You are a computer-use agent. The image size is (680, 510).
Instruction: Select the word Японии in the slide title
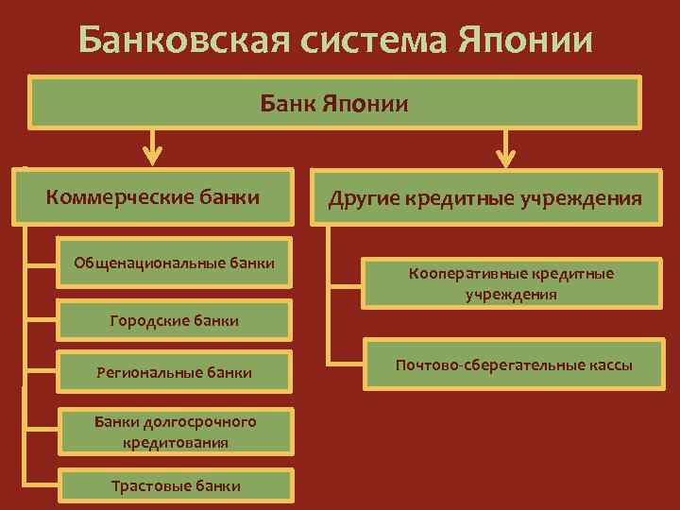coord(529,41)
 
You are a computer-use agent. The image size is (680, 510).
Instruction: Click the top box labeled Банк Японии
coord(335,102)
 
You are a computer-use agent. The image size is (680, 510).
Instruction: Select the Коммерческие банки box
coord(153,197)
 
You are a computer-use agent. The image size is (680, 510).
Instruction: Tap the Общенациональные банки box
coord(175,262)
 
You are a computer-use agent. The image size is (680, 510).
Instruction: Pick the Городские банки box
coord(175,321)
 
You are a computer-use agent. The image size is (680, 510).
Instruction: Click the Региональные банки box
coord(175,372)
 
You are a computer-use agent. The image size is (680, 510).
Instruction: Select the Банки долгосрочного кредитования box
coord(175,432)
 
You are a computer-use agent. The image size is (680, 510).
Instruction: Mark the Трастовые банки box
coord(175,485)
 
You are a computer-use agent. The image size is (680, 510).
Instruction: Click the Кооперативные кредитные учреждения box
coord(511,283)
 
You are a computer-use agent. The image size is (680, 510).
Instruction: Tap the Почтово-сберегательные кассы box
coord(514,365)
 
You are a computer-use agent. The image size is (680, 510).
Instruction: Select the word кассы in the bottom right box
coord(609,365)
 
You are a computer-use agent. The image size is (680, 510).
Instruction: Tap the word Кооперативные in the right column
coord(465,273)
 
